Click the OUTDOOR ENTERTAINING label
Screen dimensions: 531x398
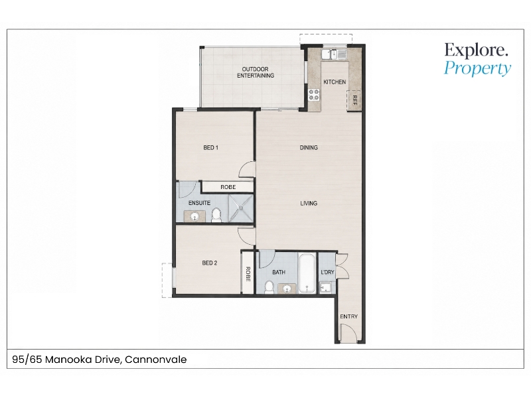pyautogui.click(x=256, y=72)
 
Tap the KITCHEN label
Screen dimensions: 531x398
pyautogui.click(x=335, y=82)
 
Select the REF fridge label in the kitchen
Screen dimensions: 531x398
pyautogui.click(x=355, y=100)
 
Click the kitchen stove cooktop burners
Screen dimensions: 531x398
pyautogui.click(x=314, y=95)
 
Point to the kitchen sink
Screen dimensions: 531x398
pyautogui.click(x=334, y=54)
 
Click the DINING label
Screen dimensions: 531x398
pyautogui.click(x=309, y=147)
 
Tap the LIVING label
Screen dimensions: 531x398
pyautogui.click(x=309, y=203)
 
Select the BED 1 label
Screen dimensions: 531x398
pyautogui.click(x=210, y=147)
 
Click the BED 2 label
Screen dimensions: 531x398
pyautogui.click(x=210, y=263)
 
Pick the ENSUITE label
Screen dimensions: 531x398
pyautogui.click(x=200, y=203)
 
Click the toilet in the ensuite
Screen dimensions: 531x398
pyautogui.click(x=216, y=215)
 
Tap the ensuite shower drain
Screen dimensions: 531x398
pyautogui.click(x=241, y=208)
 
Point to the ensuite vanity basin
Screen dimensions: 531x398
pyautogui.click(x=194, y=217)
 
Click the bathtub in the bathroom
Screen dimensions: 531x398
pyautogui.click(x=307, y=274)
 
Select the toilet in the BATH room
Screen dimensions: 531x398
pyautogui.click(x=269, y=287)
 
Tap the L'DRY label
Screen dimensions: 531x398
pyautogui.click(x=327, y=272)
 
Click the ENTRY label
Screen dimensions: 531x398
pyautogui.click(x=349, y=316)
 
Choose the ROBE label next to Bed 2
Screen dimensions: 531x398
pyautogui.click(x=248, y=274)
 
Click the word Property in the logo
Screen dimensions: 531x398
pyautogui.click(x=477, y=68)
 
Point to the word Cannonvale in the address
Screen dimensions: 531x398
pyautogui.click(x=156, y=360)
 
